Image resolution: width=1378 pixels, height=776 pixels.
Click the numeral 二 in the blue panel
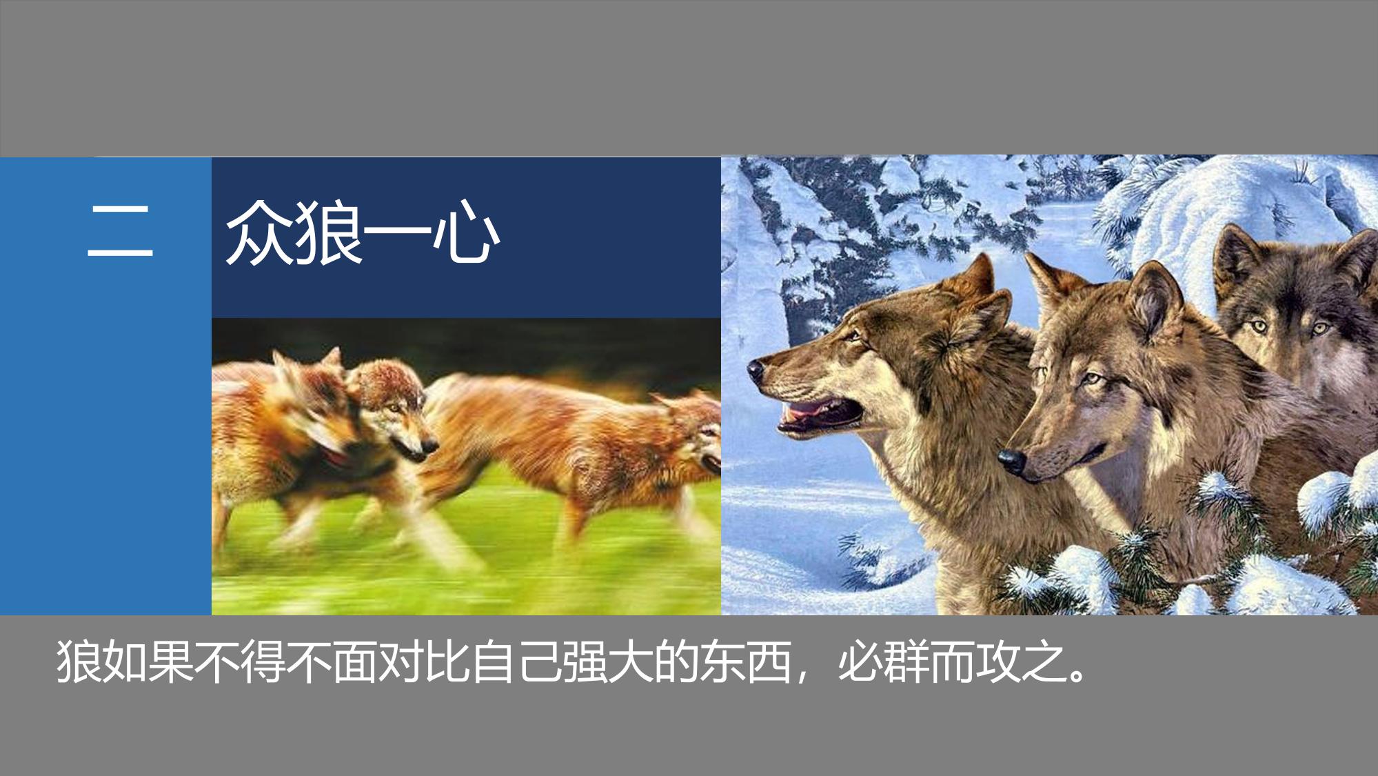120,232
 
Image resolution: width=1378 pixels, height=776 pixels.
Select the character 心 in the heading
465,232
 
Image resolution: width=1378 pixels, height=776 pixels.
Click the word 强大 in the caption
607,663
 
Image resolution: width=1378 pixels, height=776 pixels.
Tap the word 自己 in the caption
516,663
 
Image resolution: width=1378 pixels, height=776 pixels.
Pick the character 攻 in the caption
997,663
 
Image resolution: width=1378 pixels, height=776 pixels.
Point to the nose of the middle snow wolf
1011,459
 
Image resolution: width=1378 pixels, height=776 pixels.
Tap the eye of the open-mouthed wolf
855,337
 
